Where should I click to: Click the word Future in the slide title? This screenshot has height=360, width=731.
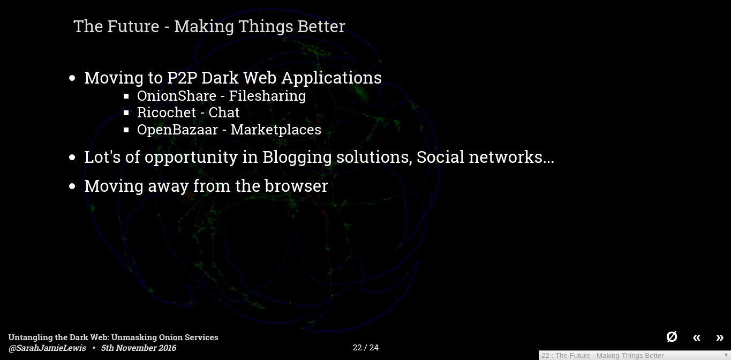[133, 26]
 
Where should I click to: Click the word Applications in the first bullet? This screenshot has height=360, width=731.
[331, 79]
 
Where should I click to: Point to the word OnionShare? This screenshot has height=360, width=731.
[177, 96]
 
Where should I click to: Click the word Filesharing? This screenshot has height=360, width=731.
[267, 96]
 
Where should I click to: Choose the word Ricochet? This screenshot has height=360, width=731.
[167, 112]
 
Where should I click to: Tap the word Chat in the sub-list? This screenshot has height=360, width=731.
[224, 112]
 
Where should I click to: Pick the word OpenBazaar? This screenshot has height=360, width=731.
[177, 130]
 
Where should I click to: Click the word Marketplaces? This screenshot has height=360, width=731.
[276, 130]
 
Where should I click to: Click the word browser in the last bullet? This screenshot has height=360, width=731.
[296, 186]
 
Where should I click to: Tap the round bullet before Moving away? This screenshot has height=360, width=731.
[72, 186]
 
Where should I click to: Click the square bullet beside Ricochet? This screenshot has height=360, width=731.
[126, 113]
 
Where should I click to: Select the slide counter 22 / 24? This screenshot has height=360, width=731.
[365, 348]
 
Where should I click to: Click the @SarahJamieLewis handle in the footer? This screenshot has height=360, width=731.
[47, 348]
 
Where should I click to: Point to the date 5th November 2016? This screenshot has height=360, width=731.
[138, 348]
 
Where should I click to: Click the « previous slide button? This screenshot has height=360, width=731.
[696, 337]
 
